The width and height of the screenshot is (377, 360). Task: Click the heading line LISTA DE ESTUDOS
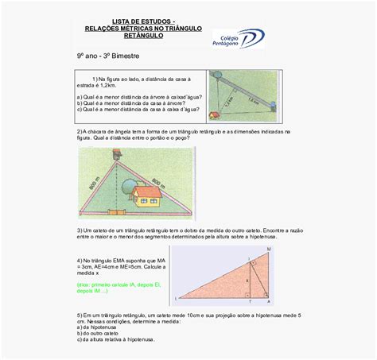tap(144, 22)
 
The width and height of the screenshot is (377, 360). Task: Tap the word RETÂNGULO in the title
tap(144, 36)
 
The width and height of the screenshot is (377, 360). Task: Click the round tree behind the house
tap(129, 186)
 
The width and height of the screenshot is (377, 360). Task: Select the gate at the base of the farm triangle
tap(117, 212)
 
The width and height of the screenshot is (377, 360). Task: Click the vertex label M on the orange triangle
tap(268, 250)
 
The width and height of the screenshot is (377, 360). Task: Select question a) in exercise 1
tap(135, 96)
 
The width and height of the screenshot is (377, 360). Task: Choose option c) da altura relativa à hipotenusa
tap(115, 339)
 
